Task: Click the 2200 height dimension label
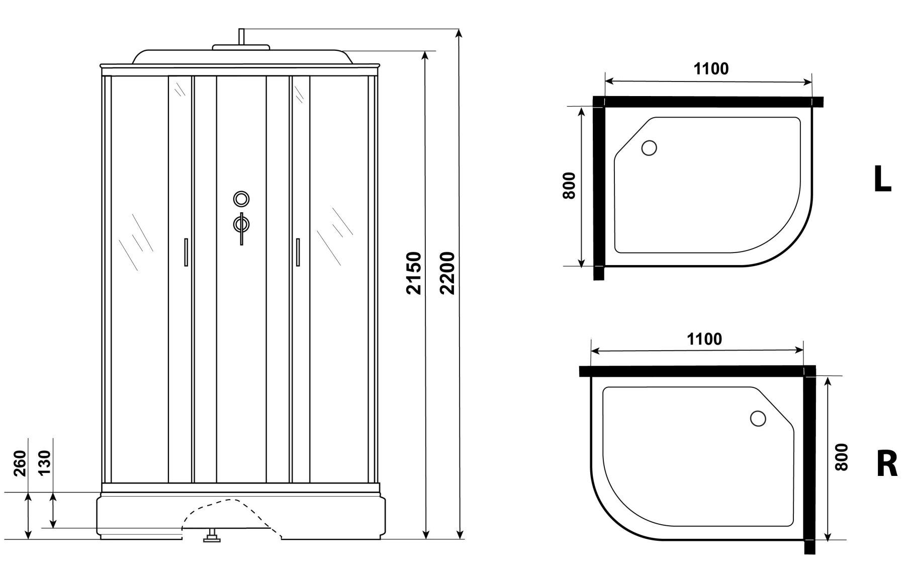[446, 273]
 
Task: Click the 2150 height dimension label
[413, 273]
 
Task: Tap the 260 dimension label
[19, 463]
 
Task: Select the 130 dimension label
[44, 463]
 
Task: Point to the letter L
[882, 179]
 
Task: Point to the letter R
[887, 464]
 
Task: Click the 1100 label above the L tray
[711, 68]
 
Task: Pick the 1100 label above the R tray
[704, 339]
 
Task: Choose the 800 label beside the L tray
[569, 186]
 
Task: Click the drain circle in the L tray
[649, 148]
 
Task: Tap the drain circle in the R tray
[758, 418]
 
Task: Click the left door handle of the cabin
[187, 252]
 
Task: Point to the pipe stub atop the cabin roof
[241, 37]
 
